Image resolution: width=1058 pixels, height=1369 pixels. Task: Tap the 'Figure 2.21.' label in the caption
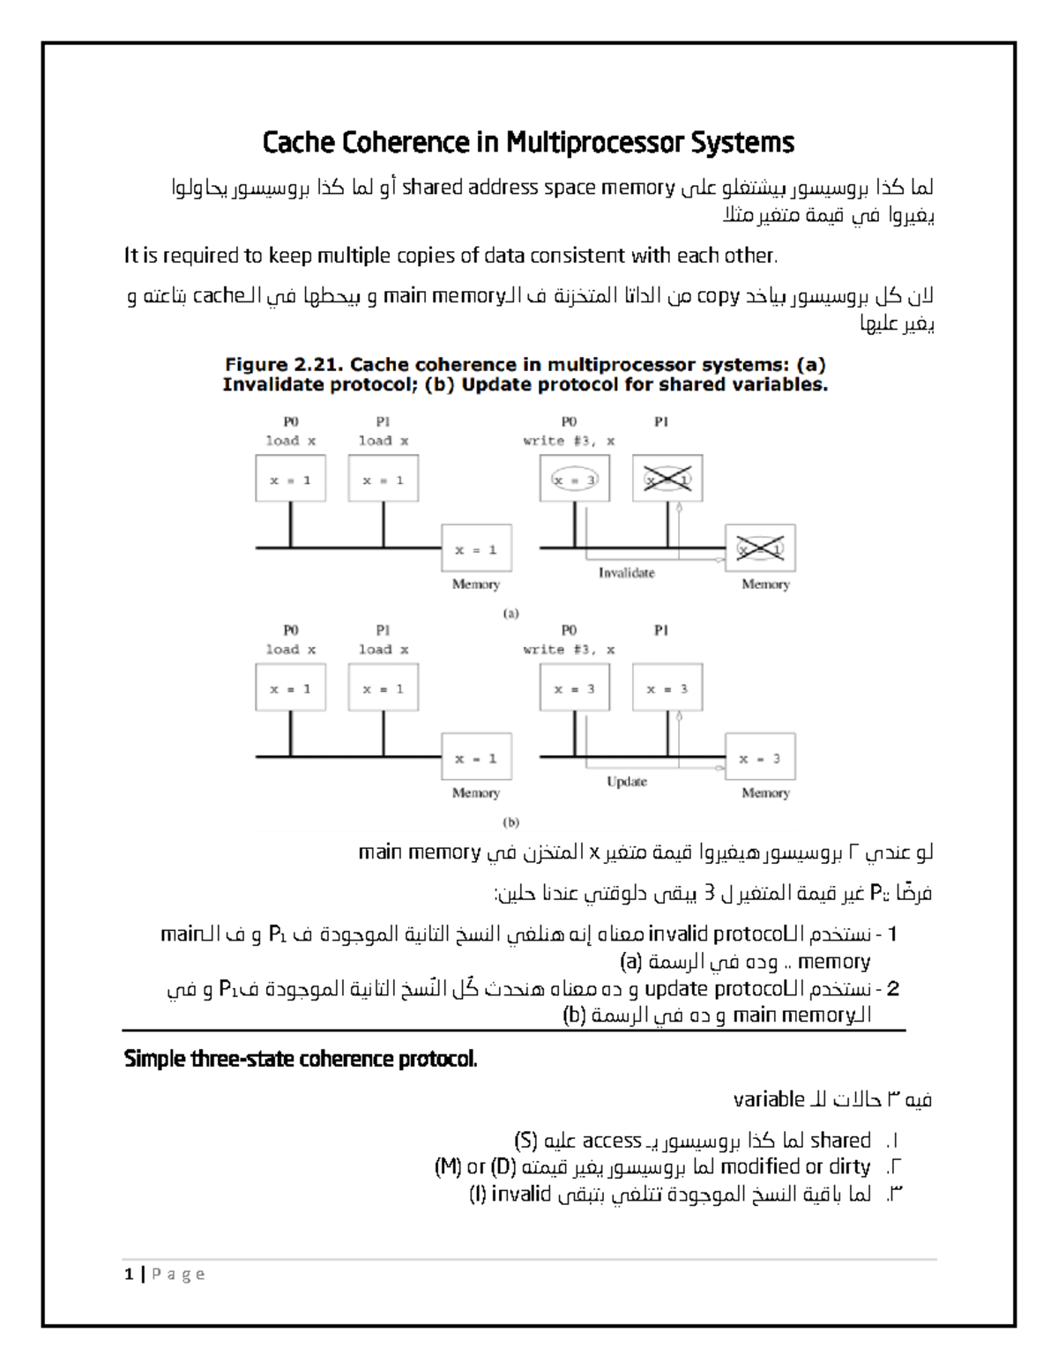pos(282,365)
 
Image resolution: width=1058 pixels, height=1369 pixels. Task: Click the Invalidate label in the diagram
pos(626,573)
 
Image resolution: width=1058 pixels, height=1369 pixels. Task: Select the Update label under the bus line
pos(626,782)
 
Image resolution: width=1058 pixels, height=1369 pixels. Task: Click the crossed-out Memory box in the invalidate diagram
pos(759,549)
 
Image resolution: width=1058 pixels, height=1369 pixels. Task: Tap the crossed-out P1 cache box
pos(667,480)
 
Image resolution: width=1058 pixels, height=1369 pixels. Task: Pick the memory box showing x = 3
pos(759,758)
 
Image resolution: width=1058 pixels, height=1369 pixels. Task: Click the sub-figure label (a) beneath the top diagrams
pos(510,614)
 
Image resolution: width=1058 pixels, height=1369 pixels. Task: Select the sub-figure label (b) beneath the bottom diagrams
pos(510,822)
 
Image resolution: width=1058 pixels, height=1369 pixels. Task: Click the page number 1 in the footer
pos(130,1274)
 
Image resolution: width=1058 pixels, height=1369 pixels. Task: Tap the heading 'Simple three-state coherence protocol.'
pos(301,1059)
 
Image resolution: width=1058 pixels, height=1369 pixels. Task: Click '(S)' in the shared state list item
pos(525,1141)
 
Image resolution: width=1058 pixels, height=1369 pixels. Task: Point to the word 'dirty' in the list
pos(850,1167)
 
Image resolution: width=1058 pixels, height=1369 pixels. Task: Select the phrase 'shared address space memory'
pos(539,188)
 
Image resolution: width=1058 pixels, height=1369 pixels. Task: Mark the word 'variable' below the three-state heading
pos(769,1099)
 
